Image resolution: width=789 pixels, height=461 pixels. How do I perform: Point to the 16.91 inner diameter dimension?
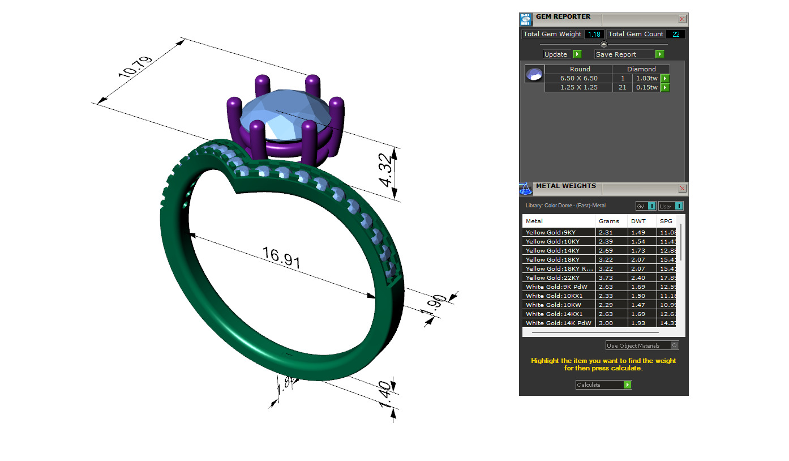pyautogui.click(x=281, y=258)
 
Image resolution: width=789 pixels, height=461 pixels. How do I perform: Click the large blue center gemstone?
pyautogui.click(x=286, y=116)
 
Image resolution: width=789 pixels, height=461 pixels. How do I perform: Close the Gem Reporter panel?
pyautogui.click(x=682, y=19)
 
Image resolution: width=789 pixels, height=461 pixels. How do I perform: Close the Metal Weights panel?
pyautogui.click(x=682, y=188)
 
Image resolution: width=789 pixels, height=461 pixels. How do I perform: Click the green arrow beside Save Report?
pyautogui.click(x=659, y=54)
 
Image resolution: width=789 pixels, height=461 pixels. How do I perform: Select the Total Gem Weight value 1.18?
pyautogui.click(x=594, y=34)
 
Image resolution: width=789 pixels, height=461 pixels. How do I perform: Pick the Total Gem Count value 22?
pyautogui.click(x=676, y=34)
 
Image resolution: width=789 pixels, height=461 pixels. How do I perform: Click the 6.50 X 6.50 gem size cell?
pyautogui.click(x=578, y=78)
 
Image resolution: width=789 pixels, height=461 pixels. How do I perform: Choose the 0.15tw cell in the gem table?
pyautogui.click(x=646, y=87)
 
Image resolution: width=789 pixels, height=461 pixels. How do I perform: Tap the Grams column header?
pyautogui.click(x=609, y=221)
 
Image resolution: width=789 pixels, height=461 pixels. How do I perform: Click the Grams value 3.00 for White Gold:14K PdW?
pyautogui.click(x=606, y=323)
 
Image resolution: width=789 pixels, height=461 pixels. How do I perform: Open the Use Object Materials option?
pyautogui.click(x=642, y=345)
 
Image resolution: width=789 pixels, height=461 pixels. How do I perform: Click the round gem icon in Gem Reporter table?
pyautogui.click(x=534, y=74)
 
